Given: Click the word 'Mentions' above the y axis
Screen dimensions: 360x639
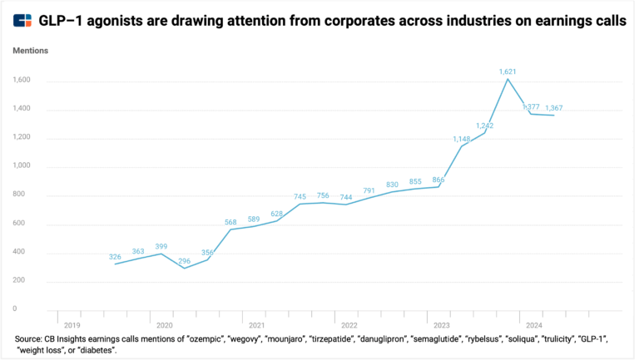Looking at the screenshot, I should pyautogui.click(x=31, y=51).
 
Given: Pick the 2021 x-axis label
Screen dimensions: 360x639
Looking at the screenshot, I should pyautogui.click(x=256, y=325).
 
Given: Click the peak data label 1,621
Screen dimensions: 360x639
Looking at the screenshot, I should pyautogui.click(x=508, y=72).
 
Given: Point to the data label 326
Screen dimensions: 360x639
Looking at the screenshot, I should pyautogui.click(x=115, y=257).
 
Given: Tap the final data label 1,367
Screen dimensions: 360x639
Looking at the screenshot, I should pyautogui.click(x=553, y=108).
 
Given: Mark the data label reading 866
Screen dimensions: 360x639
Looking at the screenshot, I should pyautogui.click(x=438, y=180).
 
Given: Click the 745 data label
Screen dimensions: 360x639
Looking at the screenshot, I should pyautogui.click(x=300, y=196).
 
